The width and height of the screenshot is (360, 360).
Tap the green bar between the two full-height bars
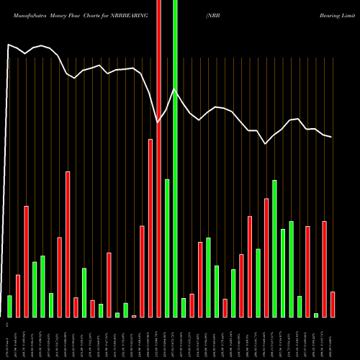click(x=167, y=248)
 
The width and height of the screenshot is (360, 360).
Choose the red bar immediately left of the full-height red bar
click(x=150, y=228)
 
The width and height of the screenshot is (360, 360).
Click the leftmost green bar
click(x=9, y=306)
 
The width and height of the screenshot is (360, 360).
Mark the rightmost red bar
click(x=333, y=304)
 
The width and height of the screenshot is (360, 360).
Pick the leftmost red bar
click(x=18, y=296)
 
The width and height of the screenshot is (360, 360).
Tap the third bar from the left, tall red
click(x=26, y=261)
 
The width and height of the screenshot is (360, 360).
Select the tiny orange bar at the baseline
click(x=134, y=316)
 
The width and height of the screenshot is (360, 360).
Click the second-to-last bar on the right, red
click(x=324, y=269)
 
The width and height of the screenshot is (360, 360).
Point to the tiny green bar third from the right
click(x=316, y=315)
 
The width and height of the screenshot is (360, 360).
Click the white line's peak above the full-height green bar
click(x=175, y=89)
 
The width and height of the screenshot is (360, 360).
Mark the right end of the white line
click(x=332, y=137)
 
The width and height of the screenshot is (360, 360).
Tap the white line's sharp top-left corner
click(x=8, y=45)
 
